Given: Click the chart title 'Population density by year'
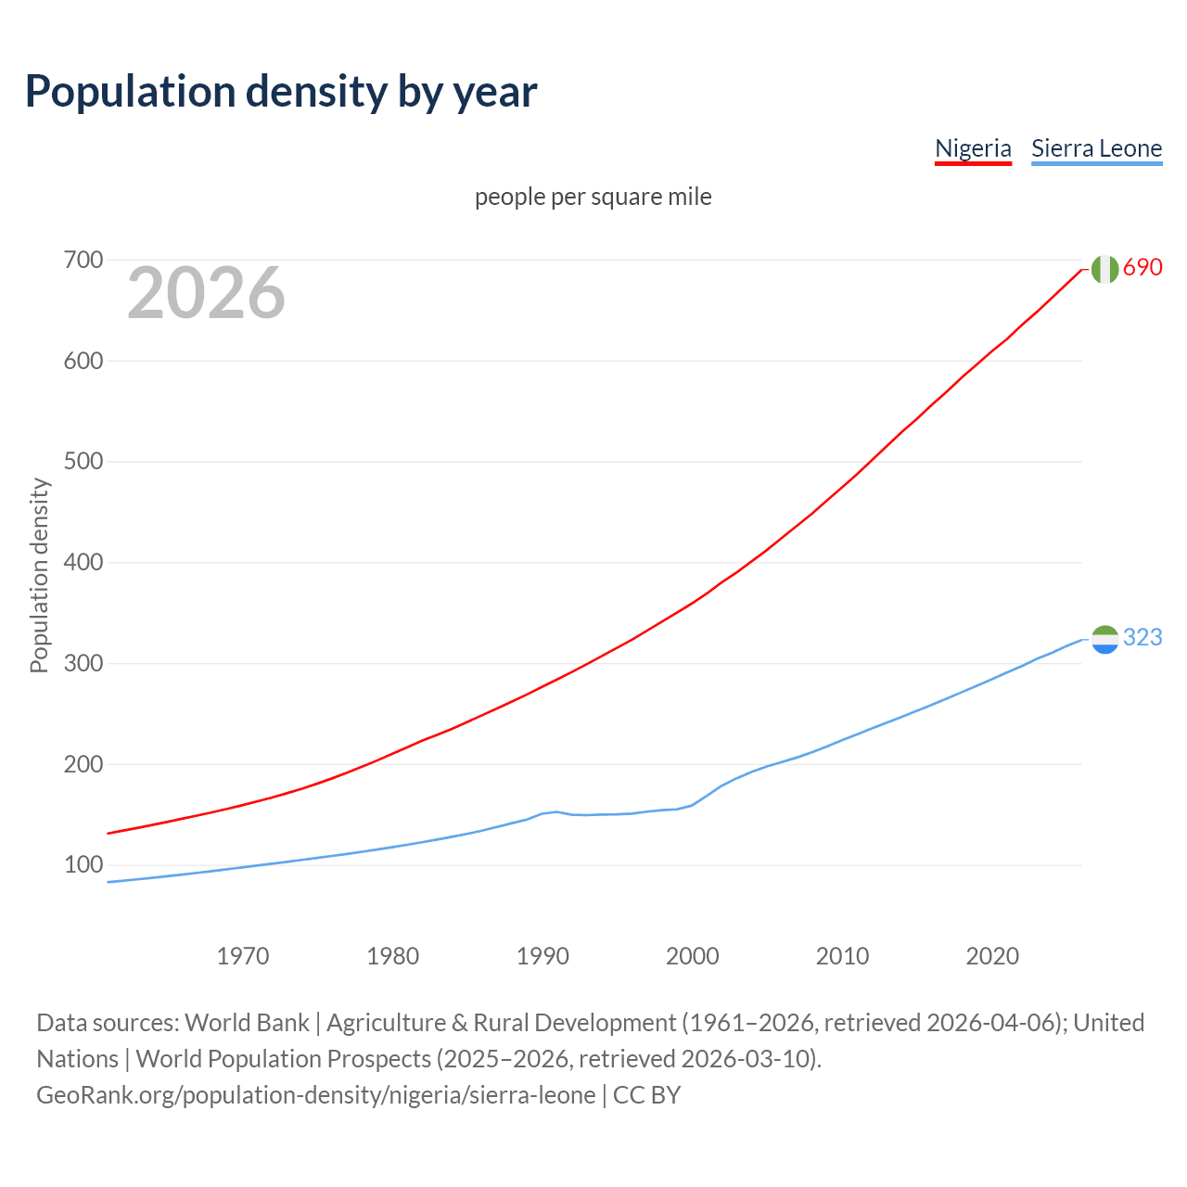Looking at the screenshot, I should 281,92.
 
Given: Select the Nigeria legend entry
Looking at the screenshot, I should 973,148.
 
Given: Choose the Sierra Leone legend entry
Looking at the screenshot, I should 1096,148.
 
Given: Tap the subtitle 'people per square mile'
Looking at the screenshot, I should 593,198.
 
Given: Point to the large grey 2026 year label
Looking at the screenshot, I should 206,293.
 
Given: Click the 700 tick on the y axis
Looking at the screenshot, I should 83,261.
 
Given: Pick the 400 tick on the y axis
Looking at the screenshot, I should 83,563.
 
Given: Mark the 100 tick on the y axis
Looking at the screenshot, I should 83,865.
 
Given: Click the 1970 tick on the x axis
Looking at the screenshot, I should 243,956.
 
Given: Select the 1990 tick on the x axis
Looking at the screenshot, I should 542,956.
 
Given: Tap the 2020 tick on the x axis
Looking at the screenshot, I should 992,956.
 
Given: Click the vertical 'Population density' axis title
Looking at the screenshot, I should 39,575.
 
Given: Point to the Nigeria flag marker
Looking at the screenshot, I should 1104,269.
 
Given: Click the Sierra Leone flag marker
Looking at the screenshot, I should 1104,639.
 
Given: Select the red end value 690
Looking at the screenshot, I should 1142,268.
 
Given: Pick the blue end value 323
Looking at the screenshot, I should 1142,638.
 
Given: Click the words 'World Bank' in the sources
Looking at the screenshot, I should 247,1023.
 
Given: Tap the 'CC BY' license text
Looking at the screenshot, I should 646,1095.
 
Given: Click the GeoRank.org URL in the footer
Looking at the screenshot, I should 315,1095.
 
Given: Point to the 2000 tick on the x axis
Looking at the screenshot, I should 693,956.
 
